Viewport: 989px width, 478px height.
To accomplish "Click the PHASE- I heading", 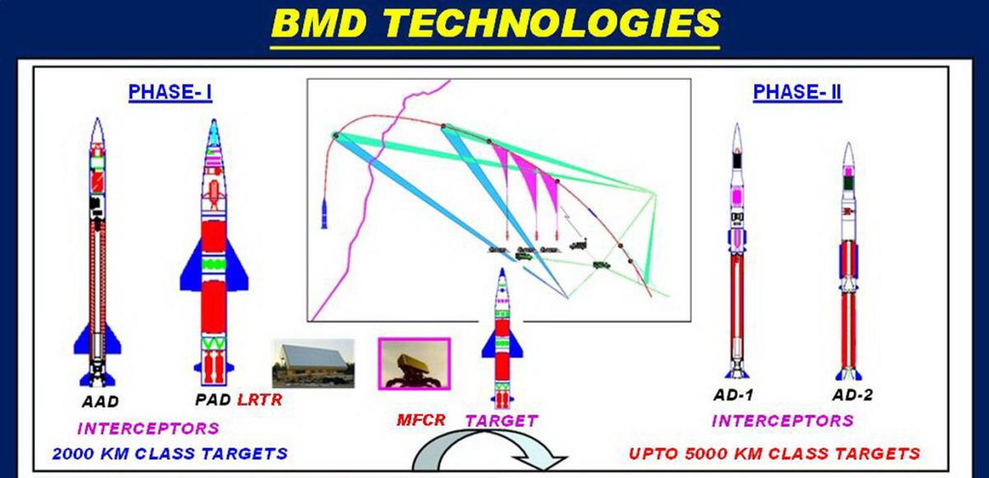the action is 170,92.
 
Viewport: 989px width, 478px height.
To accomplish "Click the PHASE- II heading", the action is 797,92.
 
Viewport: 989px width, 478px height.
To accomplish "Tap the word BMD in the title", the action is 320,23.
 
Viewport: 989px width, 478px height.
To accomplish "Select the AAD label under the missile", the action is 101,401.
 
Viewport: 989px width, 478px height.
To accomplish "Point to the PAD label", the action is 213,400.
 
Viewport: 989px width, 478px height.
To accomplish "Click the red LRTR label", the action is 260,400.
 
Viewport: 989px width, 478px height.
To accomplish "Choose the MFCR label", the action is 421,420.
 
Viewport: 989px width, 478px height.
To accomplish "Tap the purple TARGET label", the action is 502,420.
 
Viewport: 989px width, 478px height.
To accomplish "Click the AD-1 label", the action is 733,395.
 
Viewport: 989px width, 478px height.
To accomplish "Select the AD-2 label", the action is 852,395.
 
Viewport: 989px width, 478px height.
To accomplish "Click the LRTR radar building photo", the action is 313,363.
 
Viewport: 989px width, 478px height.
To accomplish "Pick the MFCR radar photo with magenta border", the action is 414,363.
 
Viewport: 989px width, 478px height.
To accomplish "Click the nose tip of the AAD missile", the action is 97,119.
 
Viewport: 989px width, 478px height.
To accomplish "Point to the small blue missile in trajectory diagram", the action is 325,213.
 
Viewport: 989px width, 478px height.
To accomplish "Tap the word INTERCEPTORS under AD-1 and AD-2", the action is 782,420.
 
